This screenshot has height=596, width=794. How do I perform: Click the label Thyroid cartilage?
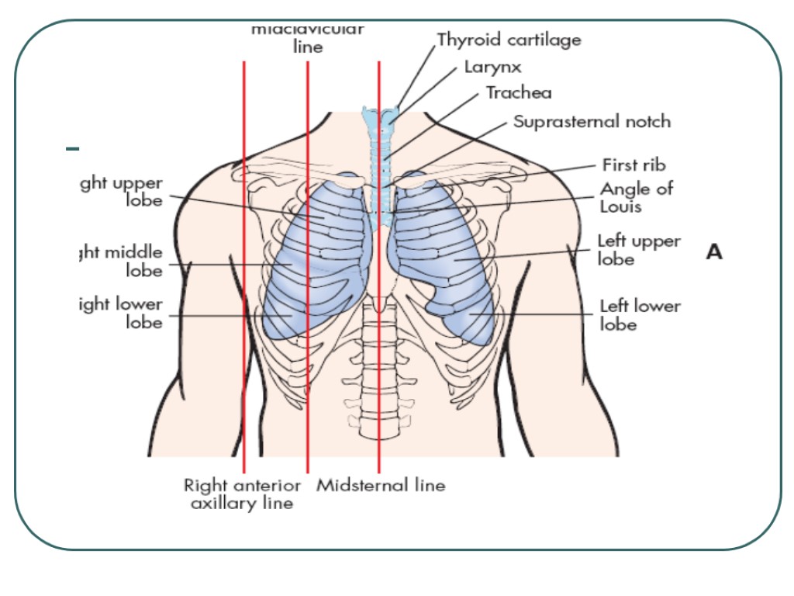[509, 39]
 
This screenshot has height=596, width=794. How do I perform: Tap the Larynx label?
[492, 67]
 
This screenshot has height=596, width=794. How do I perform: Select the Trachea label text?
[519, 93]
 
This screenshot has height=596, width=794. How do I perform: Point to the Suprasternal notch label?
[592, 122]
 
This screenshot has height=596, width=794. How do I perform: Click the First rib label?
[633, 165]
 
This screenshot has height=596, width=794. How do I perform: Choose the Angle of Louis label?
[636, 197]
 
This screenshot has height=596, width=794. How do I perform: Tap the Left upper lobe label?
[638, 250]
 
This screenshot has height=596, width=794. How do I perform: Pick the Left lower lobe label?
[640, 315]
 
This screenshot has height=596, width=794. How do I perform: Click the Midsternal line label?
[381, 486]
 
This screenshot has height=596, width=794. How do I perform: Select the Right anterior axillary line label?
[242, 494]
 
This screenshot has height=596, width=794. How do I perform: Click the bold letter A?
[714, 251]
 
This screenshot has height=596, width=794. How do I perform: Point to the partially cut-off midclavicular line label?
[308, 39]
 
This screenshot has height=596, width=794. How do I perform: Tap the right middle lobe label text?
[123, 262]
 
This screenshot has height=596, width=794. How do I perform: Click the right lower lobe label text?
[122, 313]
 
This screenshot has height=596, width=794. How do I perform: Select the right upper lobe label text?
[122, 192]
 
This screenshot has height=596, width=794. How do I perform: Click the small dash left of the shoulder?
[72, 147]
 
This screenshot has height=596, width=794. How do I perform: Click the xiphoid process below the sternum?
[378, 304]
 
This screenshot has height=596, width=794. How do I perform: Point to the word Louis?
[620, 207]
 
